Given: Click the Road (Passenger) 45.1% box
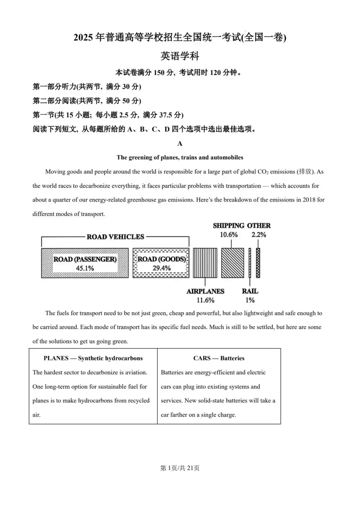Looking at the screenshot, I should click(x=85, y=263).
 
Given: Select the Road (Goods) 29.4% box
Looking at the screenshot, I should click(x=161, y=263).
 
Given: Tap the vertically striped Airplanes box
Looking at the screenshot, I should click(x=205, y=263).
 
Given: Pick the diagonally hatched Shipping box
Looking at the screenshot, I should click(x=232, y=263).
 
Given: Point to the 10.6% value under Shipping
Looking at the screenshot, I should click(x=229, y=235).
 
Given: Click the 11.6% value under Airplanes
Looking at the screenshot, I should click(x=205, y=300).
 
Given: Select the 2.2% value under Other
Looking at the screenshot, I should click(x=259, y=235).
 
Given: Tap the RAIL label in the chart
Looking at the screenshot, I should click(x=250, y=291).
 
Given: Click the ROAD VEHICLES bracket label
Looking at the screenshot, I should click(x=115, y=237).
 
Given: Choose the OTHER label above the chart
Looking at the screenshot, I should click(x=259, y=226).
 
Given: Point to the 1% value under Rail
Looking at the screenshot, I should click(x=250, y=300).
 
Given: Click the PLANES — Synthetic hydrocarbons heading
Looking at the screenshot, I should click(x=93, y=358).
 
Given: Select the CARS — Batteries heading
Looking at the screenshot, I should click(x=219, y=358).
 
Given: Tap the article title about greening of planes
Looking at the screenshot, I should click(x=180, y=157).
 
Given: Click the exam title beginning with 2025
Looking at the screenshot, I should click(x=180, y=37).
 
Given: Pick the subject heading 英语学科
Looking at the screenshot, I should click(x=180, y=56).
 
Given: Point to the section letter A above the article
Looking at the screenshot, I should click(x=180, y=144).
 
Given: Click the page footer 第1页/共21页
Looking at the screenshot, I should click(x=180, y=468).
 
